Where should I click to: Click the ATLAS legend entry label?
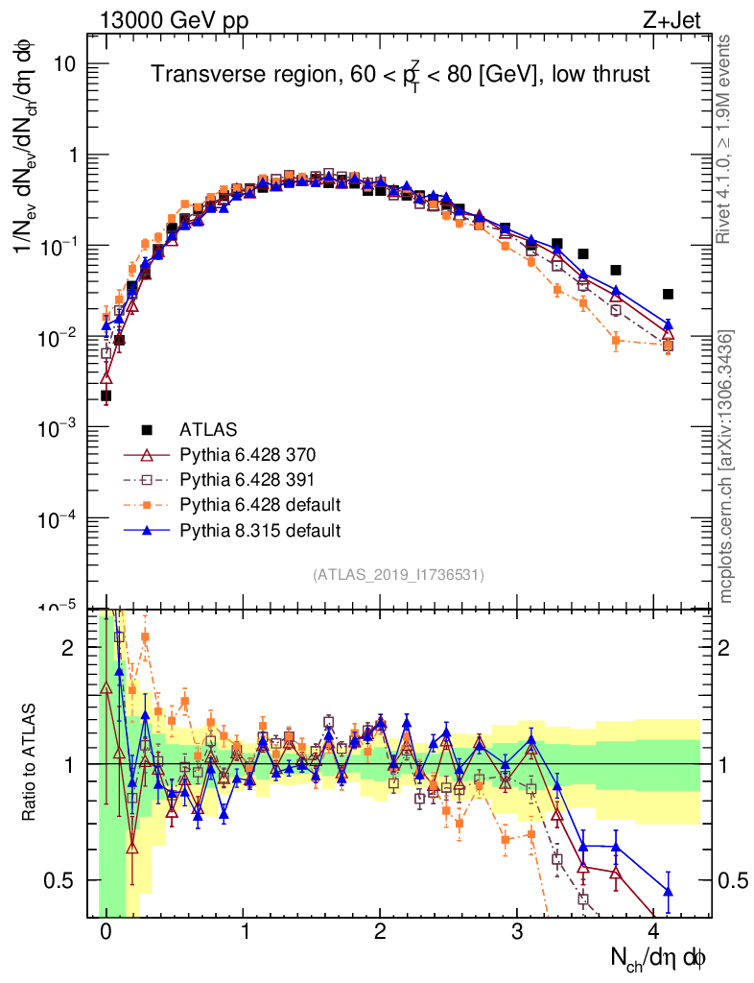pos(210,429)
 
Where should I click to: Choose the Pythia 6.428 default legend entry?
pos(259,504)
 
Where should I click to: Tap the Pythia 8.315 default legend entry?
pos(259,529)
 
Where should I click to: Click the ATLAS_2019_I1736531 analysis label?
pos(398,575)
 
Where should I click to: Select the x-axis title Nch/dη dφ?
pos(658,956)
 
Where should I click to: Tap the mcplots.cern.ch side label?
pos(727,467)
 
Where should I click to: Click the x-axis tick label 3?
pos(517,932)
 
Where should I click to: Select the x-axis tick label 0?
pos(106,932)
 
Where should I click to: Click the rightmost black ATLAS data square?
pos(668,294)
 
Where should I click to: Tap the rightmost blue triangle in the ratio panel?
pos(668,892)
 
